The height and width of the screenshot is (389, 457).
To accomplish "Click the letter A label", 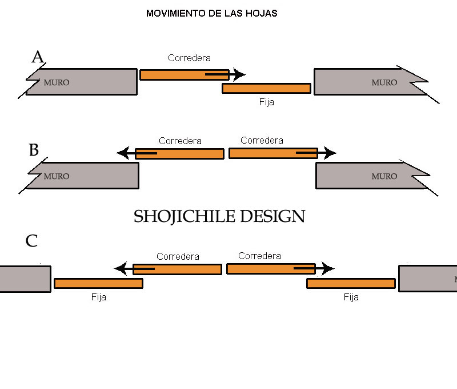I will [x=38, y=57].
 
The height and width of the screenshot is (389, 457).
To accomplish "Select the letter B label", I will [x=34, y=150].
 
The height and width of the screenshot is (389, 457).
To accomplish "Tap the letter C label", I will [x=31, y=241].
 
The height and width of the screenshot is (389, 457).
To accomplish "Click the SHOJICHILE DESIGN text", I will [x=219, y=216].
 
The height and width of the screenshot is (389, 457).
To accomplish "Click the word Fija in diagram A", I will [x=267, y=102].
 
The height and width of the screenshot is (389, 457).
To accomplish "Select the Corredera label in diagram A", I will [x=189, y=58].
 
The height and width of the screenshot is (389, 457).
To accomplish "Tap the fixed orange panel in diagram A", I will [x=267, y=88].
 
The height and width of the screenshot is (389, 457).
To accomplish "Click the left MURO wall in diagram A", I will [x=86, y=82].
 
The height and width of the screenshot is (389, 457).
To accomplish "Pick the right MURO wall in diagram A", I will [x=366, y=82].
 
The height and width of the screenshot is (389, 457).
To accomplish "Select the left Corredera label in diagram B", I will [x=180, y=141].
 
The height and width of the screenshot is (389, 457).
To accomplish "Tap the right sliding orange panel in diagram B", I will [x=273, y=153].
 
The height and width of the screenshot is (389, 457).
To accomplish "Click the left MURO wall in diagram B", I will [x=86, y=175].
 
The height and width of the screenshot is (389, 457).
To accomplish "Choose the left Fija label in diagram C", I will [x=99, y=297].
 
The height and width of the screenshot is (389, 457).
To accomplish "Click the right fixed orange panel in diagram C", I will [x=351, y=283].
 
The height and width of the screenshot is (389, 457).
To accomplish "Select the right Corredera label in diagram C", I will [x=259, y=256].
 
